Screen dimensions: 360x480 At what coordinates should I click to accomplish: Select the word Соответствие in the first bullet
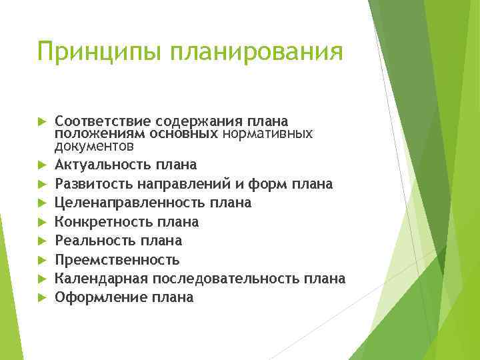(x=103, y=121)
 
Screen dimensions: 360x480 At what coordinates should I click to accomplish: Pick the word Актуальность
(x=103, y=164)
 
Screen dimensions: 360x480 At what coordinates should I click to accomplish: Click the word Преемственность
(x=117, y=259)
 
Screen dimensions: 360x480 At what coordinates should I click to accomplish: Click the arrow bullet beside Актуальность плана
(x=41, y=164)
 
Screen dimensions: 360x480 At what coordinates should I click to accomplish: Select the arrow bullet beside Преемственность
(x=41, y=259)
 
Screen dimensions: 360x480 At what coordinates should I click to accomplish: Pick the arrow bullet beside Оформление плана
(x=41, y=297)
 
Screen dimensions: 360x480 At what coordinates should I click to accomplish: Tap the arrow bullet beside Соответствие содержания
(x=41, y=122)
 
